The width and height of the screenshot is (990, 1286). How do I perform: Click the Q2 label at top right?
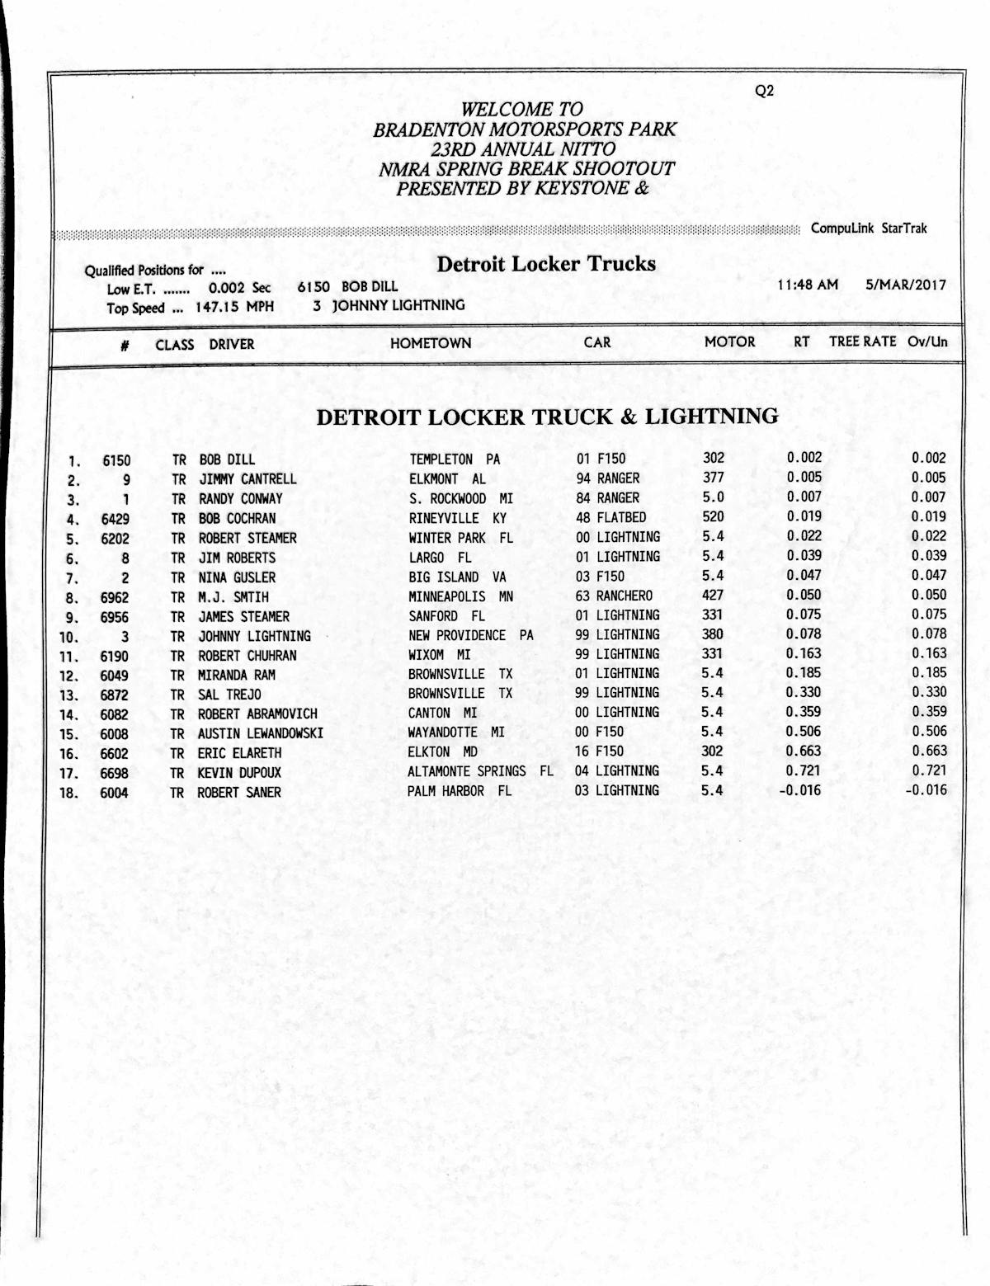click(x=764, y=92)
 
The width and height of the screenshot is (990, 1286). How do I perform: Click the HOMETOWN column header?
click(x=431, y=343)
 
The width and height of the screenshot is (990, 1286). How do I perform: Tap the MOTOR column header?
click(x=729, y=342)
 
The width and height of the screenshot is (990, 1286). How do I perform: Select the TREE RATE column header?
click(x=862, y=341)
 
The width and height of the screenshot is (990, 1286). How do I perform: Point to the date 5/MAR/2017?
click(x=905, y=285)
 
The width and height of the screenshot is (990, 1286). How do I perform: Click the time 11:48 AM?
click(x=808, y=285)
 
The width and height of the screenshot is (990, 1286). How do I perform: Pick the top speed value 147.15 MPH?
click(x=234, y=307)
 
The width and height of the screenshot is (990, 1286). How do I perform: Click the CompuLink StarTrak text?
click(x=868, y=228)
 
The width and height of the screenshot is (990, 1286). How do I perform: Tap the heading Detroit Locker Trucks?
click(x=546, y=264)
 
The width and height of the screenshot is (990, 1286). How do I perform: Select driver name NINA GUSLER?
click(x=237, y=577)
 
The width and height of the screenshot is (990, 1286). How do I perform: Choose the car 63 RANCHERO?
click(x=614, y=596)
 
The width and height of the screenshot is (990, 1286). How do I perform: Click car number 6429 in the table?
click(x=115, y=519)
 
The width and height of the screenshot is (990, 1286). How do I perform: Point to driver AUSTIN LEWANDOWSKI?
click(x=260, y=733)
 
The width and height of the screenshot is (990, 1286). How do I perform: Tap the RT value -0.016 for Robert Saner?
click(x=799, y=790)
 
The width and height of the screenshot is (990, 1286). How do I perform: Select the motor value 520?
click(x=713, y=517)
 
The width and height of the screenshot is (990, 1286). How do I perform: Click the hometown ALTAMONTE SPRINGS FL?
click(x=480, y=771)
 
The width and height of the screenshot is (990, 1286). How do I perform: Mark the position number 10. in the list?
click(x=68, y=637)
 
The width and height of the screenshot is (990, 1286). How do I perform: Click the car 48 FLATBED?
click(x=611, y=518)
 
